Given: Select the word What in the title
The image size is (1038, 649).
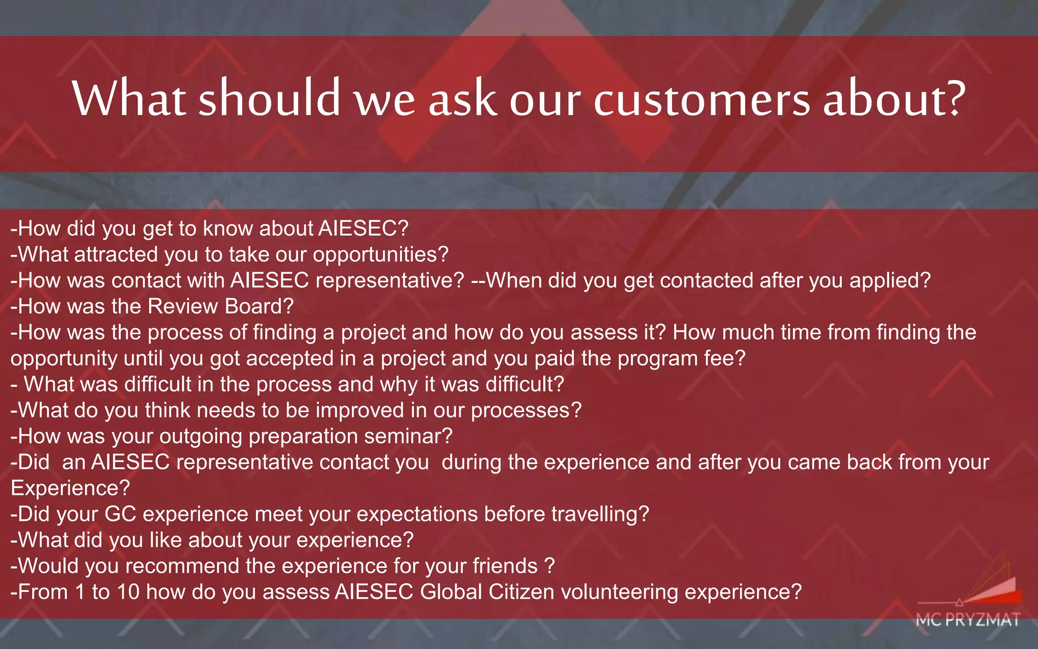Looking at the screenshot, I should (129, 98).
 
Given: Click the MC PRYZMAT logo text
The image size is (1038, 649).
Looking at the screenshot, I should (968, 620).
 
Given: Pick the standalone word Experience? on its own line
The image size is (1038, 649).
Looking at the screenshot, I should (70, 488).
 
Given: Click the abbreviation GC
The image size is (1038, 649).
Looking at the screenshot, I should (120, 514).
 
